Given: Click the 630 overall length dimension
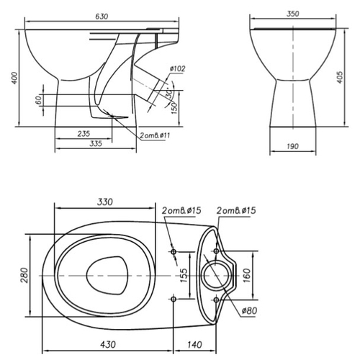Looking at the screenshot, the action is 102,17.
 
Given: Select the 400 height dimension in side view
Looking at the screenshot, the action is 14,78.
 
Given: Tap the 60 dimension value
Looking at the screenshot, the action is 38,100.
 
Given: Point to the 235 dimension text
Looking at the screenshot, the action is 84,133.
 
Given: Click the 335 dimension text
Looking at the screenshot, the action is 96,143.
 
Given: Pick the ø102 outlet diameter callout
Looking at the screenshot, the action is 178,68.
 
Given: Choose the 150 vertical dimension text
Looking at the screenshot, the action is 175,108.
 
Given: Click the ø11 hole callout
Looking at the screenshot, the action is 155,135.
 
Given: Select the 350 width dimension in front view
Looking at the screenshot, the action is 293,14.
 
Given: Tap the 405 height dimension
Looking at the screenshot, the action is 340,77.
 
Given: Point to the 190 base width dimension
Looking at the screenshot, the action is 293,146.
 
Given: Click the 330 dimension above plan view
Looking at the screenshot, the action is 105,202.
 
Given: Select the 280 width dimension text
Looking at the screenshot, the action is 24,275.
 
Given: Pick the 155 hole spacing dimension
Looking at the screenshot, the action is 183,275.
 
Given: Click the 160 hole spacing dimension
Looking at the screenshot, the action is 247,275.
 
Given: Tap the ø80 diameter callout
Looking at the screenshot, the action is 249,311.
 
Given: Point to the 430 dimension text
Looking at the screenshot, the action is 108,345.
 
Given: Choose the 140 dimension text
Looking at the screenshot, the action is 194,345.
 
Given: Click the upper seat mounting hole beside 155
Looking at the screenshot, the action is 174,252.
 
